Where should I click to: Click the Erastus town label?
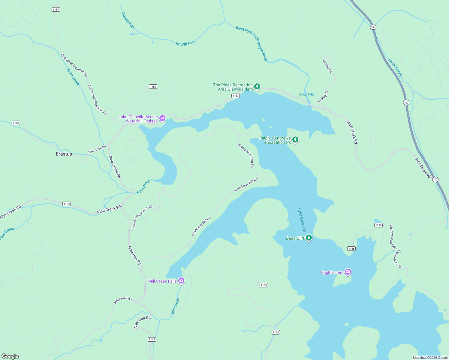(x=64, y=154)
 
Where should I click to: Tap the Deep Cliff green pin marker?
(x=309, y=238)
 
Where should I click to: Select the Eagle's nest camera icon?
(x=348, y=272)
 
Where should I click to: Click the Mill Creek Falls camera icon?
(x=181, y=281)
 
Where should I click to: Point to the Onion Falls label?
(x=306, y=94)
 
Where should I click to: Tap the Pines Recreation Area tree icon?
(x=257, y=87)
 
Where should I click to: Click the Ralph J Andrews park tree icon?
(x=295, y=140)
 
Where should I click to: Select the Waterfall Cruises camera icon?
(x=162, y=118)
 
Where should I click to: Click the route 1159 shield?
(x=153, y=87)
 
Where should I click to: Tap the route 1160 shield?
(x=16, y=123)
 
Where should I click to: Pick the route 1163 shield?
(x=67, y=204)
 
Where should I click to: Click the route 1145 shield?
(x=152, y=339)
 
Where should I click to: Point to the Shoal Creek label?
(x=395, y=67)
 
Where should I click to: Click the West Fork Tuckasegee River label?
(x=252, y=43)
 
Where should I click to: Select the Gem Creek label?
(x=73, y=77)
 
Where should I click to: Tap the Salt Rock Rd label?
(x=97, y=149)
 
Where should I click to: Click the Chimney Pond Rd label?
(x=393, y=237)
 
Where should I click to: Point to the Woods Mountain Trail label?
(x=142, y=217)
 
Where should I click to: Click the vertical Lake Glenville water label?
(x=302, y=220)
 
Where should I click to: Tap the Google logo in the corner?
(x=10, y=356)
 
